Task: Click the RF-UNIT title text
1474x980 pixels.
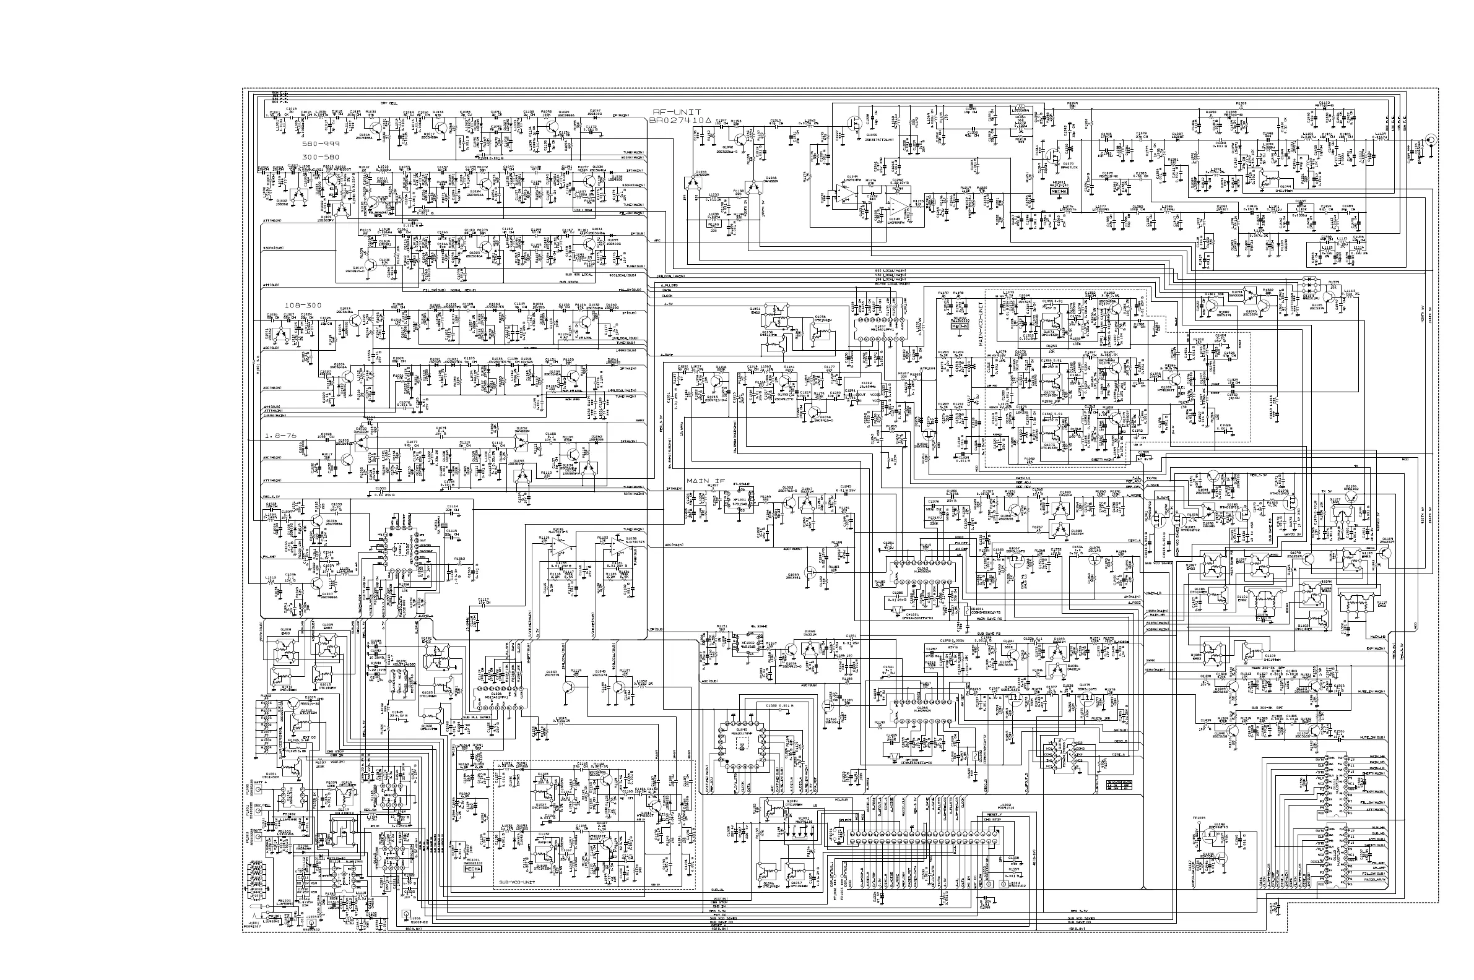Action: pyautogui.click(x=675, y=112)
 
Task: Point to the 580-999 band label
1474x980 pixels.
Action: pyautogui.click(x=321, y=144)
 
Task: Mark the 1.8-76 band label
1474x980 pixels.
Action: pyautogui.click(x=280, y=436)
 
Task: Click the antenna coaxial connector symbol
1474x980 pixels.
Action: pyautogui.click(x=1429, y=140)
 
